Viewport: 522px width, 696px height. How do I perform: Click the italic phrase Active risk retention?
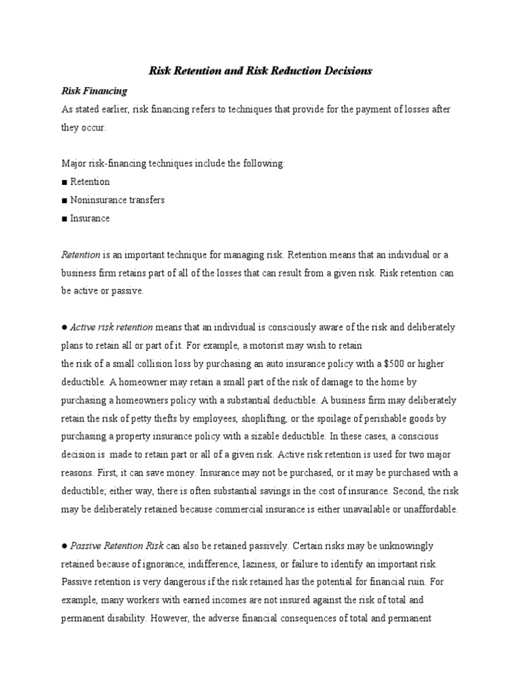tap(112, 327)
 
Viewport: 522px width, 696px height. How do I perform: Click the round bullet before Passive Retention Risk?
tap(64, 546)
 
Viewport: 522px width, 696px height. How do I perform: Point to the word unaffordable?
tap(432, 510)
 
